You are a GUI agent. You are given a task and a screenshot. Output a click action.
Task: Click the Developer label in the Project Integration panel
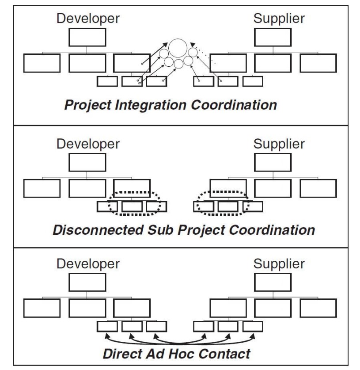coord(88,19)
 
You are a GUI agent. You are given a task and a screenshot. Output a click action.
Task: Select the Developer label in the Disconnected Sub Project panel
coord(88,144)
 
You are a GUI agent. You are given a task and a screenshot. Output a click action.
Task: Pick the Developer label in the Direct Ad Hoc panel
coord(88,264)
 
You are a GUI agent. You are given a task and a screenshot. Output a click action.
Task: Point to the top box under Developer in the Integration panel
coord(87,37)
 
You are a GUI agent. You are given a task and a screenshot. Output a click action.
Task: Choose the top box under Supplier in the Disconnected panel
coord(273,162)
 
